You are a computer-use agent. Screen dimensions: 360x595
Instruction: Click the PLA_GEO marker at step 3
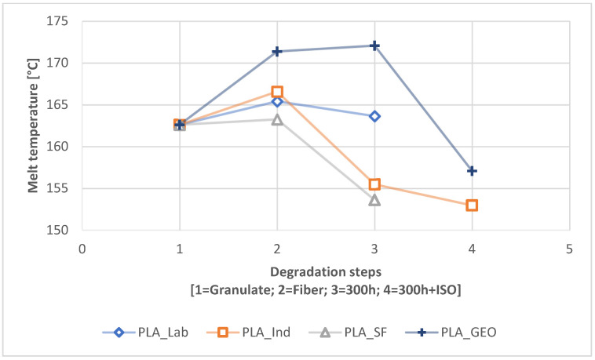(x=374, y=45)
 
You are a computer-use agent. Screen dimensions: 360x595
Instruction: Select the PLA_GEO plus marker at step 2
(x=277, y=52)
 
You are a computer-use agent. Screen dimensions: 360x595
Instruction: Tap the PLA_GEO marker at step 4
(x=472, y=170)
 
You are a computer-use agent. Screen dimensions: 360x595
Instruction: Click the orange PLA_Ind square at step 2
(x=277, y=92)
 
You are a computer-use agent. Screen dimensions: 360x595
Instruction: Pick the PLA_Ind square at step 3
(x=374, y=184)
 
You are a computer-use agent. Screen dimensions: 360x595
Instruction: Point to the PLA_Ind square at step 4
(x=472, y=205)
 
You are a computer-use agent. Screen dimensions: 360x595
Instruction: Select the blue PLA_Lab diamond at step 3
(x=374, y=116)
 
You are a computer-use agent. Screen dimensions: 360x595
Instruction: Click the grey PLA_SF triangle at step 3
(x=374, y=200)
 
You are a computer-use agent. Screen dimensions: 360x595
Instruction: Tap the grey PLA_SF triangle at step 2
(x=277, y=119)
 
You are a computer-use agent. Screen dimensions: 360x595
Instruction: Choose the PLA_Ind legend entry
(x=243, y=332)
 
